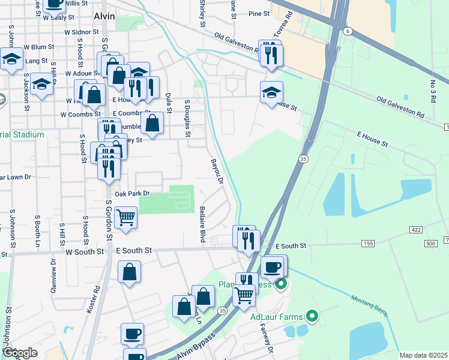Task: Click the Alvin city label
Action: pyautogui.click(x=104, y=17)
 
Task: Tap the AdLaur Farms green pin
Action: pyautogui.click(x=311, y=315)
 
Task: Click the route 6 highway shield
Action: pyautogui.click(x=347, y=30)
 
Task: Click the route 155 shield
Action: pyautogui.click(x=368, y=244)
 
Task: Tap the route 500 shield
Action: pyautogui.click(x=430, y=244)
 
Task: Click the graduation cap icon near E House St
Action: pyautogui.click(x=271, y=92)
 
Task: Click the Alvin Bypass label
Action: pyautogui.click(x=196, y=346)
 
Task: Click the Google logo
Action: pyautogui.click(x=20, y=353)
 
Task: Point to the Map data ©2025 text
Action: pyautogui.click(x=423, y=355)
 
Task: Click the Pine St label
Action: pyautogui.click(x=259, y=13)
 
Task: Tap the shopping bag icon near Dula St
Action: pyautogui.click(x=154, y=124)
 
